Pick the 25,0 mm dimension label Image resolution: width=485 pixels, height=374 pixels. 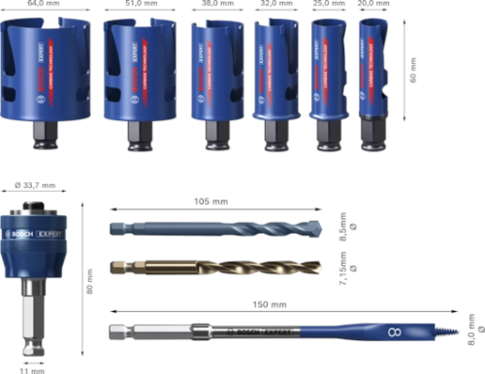[x=329, y=5]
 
